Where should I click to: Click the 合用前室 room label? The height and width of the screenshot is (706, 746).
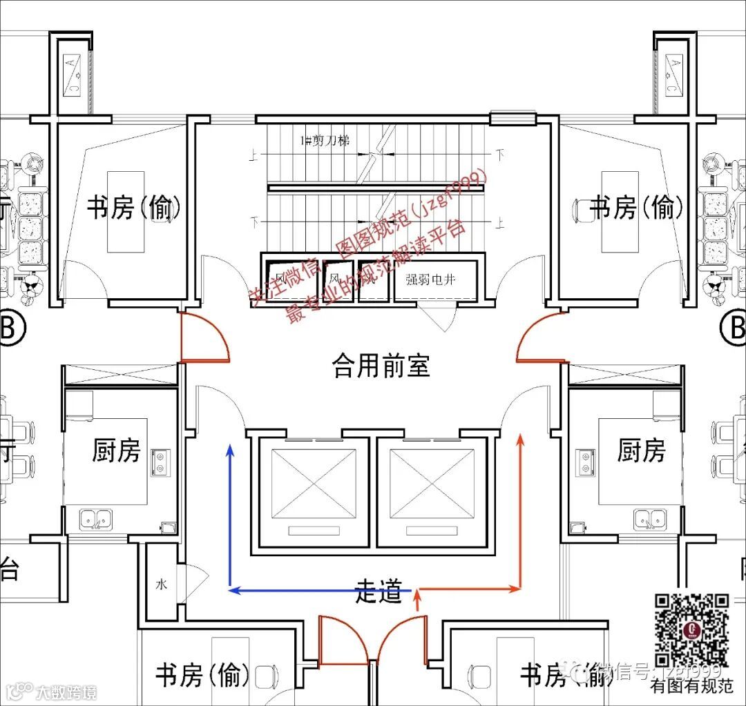[x=381, y=365]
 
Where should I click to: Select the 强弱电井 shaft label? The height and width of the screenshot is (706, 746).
[x=431, y=279]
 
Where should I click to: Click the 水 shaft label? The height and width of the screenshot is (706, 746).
[x=161, y=584]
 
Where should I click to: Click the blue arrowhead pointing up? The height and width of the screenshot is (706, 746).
[x=231, y=451]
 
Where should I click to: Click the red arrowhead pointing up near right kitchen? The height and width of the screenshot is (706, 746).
[x=521, y=439]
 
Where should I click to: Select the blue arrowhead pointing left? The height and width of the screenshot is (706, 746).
[x=234, y=590]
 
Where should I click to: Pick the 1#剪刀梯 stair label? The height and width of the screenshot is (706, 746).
[x=324, y=140]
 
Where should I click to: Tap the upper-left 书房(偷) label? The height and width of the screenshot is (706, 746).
[x=134, y=207]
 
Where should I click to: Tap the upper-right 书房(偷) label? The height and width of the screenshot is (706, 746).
[x=638, y=207]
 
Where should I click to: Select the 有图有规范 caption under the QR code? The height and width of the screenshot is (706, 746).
[x=691, y=686]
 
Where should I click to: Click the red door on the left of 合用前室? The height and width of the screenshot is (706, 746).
[x=204, y=337]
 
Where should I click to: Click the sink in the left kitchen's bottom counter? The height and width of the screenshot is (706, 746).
[x=96, y=518]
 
